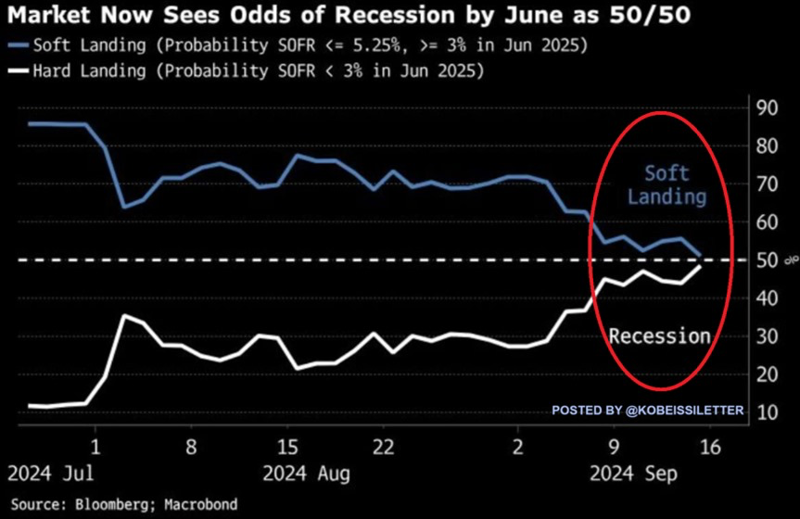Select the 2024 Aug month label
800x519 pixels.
click(305, 475)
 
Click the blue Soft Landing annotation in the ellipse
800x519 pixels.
click(666, 184)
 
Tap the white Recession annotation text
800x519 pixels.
click(659, 335)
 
